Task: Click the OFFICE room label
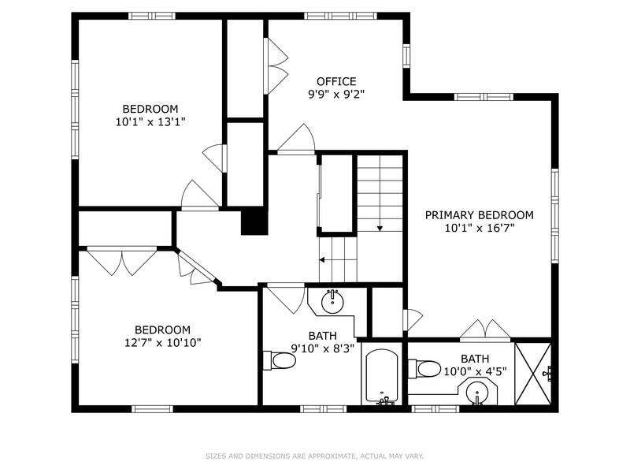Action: [336, 81]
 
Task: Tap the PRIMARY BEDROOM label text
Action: [479, 214]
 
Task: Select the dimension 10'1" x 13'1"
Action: [150, 121]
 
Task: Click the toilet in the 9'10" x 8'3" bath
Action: [280, 360]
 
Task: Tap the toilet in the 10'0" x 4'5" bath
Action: [426, 368]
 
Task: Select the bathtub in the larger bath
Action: [384, 377]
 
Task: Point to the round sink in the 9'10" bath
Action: [332, 300]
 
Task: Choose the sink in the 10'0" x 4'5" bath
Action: [478, 392]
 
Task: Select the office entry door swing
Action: [295, 141]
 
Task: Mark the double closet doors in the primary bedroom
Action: [487, 328]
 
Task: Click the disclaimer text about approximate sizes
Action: [315, 456]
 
